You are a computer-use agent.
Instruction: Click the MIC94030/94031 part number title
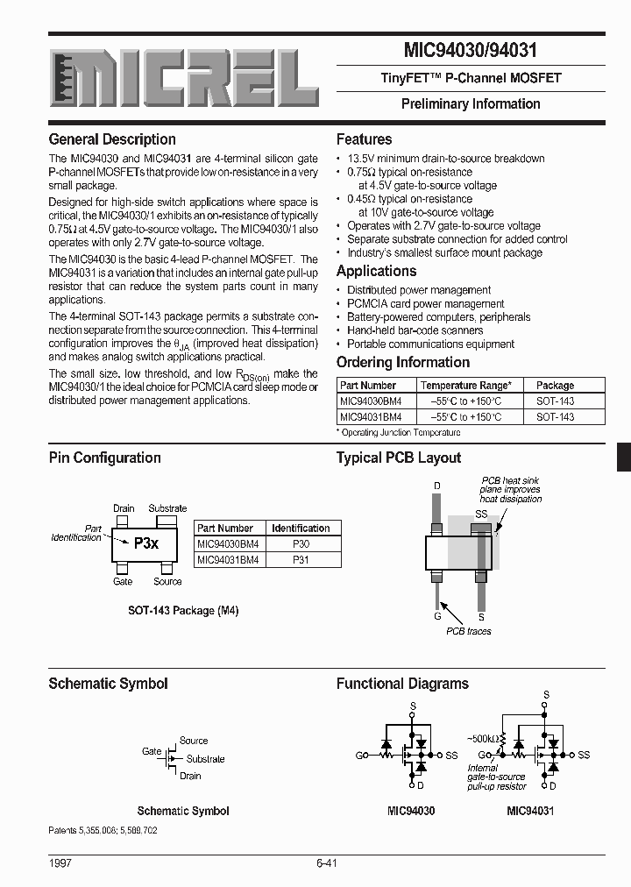pyautogui.click(x=471, y=51)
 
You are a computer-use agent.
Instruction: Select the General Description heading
pyautogui.click(x=112, y=139)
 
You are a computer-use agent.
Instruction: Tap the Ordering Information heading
pyautogui.click(x=403, y=362)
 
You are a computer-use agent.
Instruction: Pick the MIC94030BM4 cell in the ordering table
pyautogui.click(x=371, y=401)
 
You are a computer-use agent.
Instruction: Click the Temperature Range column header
pyautogui.click(x=465, y=385)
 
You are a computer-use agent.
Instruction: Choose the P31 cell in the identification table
pyautogui.click(x=301, y=560)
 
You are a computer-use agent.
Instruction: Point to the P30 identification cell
pyautogui.click(x=301, y=544)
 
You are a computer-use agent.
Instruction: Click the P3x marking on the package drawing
pyautogui.click(x=145, y=543)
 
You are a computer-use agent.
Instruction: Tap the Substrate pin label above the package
pyautogui.click(x=167, y=508)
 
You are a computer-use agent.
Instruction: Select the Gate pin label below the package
pyautogui.click(x=123, y=581)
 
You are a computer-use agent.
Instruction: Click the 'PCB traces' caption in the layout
pyautogui.click(x=469, y=631)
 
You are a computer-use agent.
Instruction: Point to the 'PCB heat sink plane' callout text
pyautogui.click(x=511, y=489)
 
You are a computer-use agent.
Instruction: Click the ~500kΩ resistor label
pyautogui.click(x=485, y=738)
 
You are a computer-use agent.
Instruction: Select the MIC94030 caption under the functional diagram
pyautogui.click(x=411, y=811)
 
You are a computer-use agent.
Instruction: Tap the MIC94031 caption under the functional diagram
pyautogui.click(x=530, y=811)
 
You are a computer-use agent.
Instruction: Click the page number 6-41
pyautogui.click(x=326, y=863)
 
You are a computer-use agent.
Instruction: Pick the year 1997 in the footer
pyautogui.click(x=60, y=863)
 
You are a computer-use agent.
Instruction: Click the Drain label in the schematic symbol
pyautogui.click(x=190, y=776)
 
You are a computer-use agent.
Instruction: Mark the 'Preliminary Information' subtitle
pyautogui.click(x=471, y=103)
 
